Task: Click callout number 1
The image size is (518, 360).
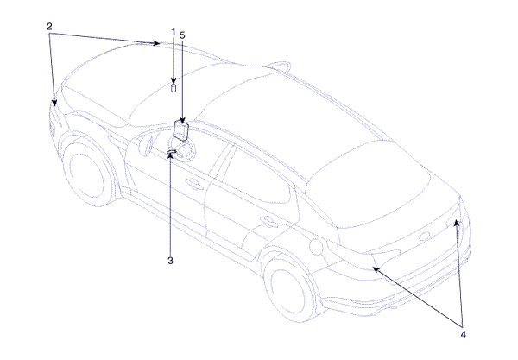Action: click(174, 32)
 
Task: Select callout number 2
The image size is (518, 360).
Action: click(49, 26)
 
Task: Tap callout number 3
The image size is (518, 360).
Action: click(170, 261)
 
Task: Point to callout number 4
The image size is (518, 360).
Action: click(463, 335)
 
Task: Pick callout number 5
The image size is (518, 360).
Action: click(183, 35)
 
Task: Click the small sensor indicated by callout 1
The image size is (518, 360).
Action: click(174, 88)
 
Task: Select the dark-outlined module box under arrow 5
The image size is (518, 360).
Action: click(180, 130)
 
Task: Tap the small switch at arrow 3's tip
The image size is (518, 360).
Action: click(172, 151)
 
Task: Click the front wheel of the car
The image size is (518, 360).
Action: click(87, 174)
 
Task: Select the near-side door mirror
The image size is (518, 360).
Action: click(145, 144)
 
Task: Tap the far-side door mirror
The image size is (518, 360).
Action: click(279, 66)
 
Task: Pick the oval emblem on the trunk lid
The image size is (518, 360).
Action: click(424, 237)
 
